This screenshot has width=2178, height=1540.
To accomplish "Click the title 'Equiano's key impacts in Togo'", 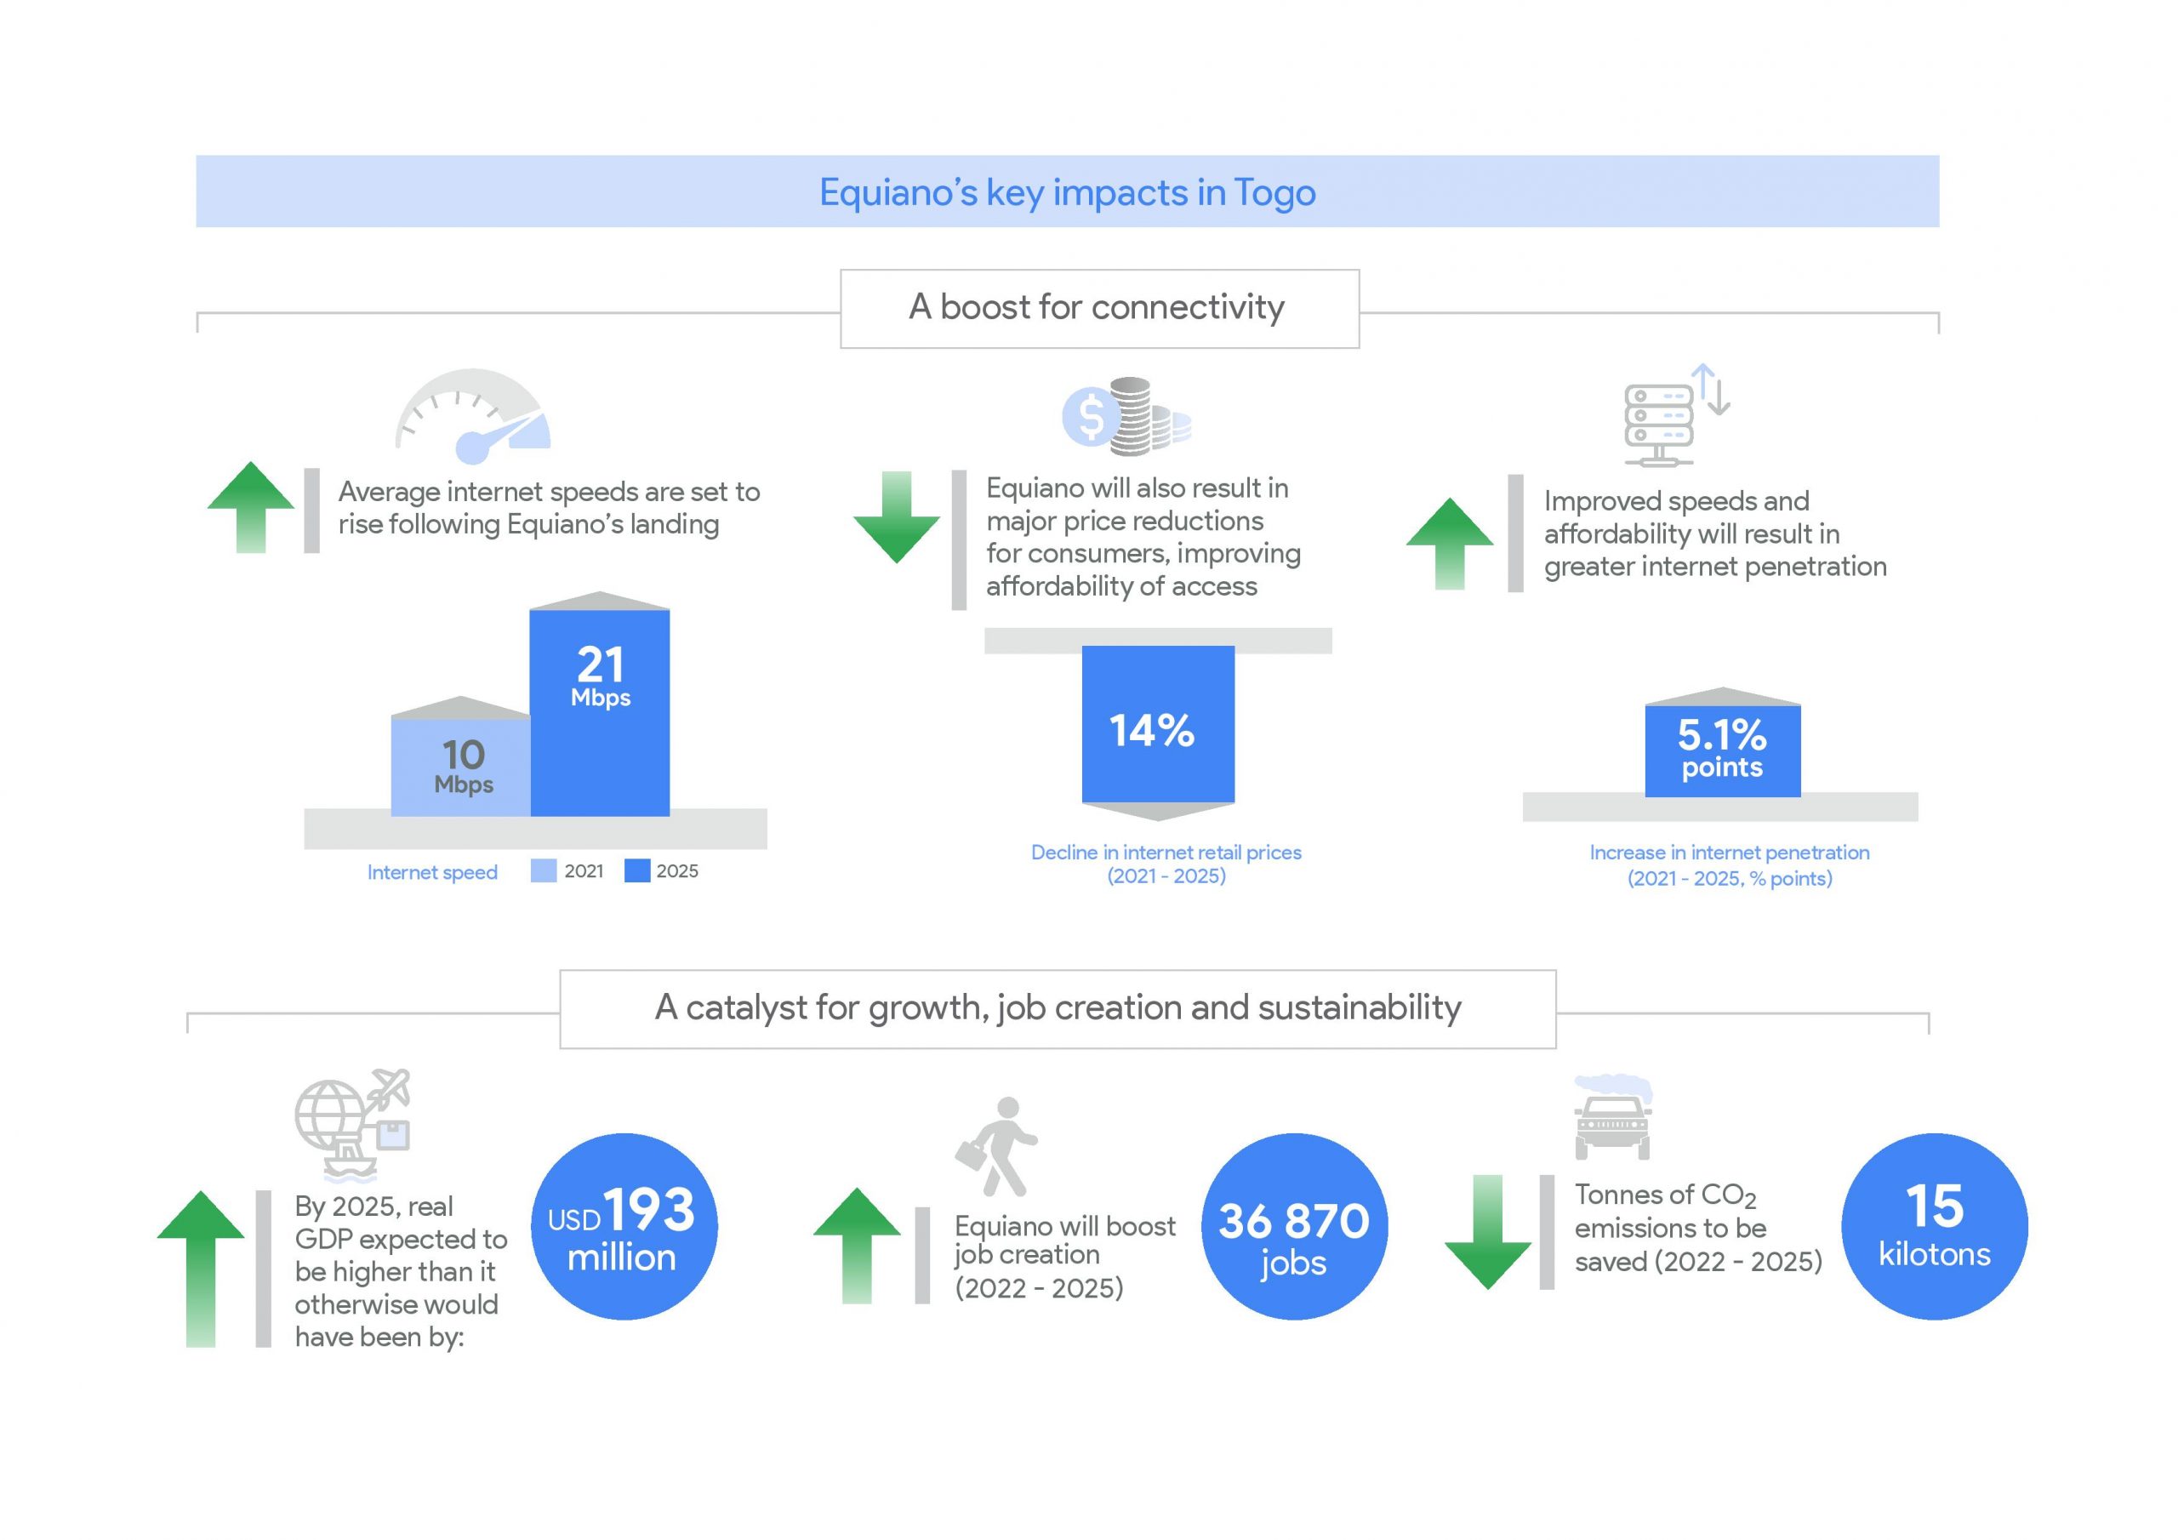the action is point(1067,192).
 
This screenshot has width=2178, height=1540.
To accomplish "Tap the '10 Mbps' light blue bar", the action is point(461,767).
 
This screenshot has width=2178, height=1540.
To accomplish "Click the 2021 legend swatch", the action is point(544,871).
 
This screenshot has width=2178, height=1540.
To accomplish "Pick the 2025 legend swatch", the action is point(637,871).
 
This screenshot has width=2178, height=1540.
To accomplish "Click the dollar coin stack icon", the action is point(1126,415).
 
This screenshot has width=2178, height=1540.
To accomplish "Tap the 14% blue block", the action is point(1158,724).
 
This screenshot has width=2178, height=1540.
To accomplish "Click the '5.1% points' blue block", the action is point(1723,750).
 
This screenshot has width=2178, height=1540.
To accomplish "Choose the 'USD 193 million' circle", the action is point(624,1226).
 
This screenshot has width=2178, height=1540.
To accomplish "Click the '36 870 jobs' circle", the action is point(1295,1226).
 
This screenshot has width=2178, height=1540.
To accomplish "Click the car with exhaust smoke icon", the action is point(1612,1117).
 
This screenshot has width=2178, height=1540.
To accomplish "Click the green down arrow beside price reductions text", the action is point(897,517).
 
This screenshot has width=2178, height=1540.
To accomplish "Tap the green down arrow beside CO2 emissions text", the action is point(1487,1232).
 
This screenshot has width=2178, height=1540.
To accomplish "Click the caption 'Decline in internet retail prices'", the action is point(1166,852).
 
